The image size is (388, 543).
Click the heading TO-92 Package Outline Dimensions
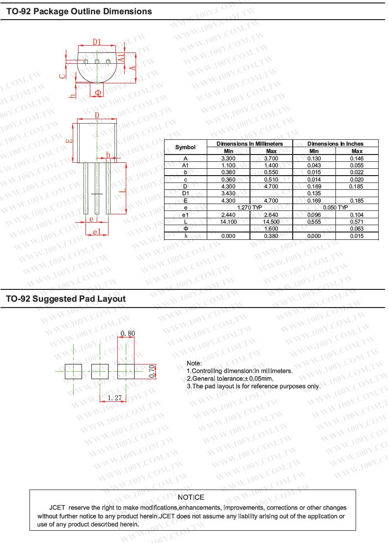tap(79, 11)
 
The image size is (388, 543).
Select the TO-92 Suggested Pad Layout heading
tap(66, 299)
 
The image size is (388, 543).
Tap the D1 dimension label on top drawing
tap(97, 42)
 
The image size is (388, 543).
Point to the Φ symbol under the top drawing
tap(98, 92)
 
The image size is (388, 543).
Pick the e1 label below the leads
tap(97, 231)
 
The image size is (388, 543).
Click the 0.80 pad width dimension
tap(127, 334)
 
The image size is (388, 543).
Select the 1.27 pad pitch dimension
tap(114, 398)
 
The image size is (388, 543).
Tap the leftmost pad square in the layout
tap(74, 371)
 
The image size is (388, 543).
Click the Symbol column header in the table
tap(185, 147)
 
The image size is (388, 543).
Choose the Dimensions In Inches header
tap(335, 144)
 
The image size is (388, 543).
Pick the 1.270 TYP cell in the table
tap(249, 207)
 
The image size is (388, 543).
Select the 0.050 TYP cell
tap(335, 207)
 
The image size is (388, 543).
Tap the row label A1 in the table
tap(185, 165)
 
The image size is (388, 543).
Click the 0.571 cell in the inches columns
tap(357, 222)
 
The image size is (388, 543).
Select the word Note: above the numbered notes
tap(194, 363)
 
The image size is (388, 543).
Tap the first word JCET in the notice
tap(57, 508)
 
